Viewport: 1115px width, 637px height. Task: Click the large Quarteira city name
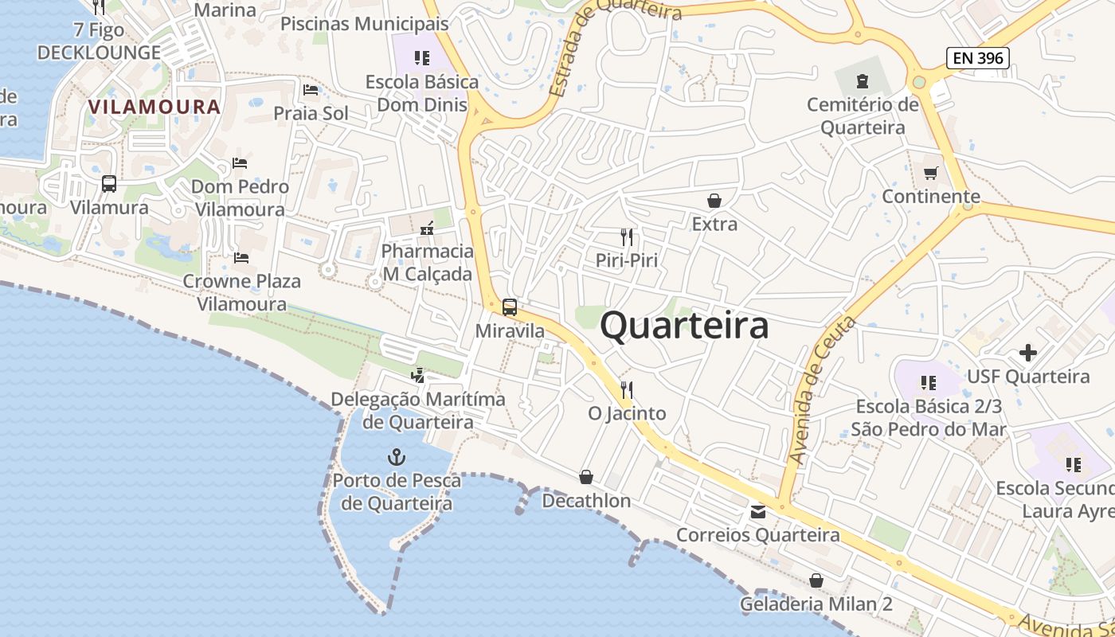(x=684, y=326)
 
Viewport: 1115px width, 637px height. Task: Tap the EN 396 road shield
(x=978, y=57)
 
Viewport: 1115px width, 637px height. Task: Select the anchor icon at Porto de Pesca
(x=396, y=457)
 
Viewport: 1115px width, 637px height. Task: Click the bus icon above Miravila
(x=510, y=307)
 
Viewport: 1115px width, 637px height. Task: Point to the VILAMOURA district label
(x=154, y=107)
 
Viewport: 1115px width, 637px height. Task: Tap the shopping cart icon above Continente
(x=930, y=173)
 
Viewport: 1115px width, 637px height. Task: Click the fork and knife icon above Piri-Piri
(x=627, y=236)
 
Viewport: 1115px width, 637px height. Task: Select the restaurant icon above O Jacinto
(x=627, y=389)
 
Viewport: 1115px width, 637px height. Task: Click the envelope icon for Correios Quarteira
(x=758, y=512)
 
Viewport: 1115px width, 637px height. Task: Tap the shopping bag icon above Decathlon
(x=586, y=477)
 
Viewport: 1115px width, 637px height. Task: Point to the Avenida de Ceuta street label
(x=821, y=390)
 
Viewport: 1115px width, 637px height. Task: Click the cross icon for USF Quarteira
(x=1028, y=352)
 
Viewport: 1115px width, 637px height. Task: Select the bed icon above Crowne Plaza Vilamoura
(x=241, y=257)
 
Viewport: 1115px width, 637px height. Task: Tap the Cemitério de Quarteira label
(x=863, y=116)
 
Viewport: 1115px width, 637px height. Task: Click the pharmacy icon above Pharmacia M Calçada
(x=427, y=229)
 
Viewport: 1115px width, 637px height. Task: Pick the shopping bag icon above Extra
(x=714, y=201)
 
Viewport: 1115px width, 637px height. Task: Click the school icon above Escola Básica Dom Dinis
(x=422, y=57)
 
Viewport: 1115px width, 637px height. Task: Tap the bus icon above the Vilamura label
(x=109, y=184)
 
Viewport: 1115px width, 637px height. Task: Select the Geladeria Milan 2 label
(x=816, y=604)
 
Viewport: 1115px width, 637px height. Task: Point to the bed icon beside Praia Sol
(x=311, y=89)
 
